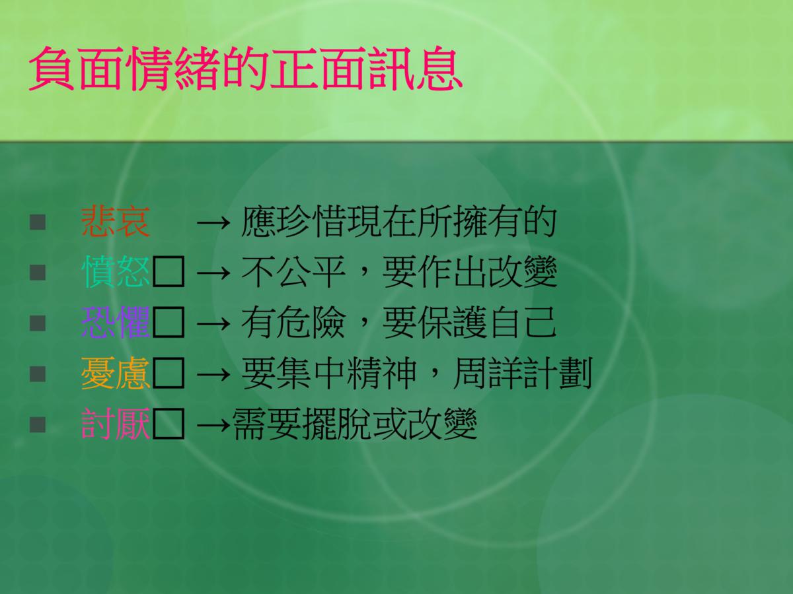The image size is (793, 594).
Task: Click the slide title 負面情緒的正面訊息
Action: (x=245, y=68)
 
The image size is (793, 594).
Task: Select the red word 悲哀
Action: (x=116, y=222)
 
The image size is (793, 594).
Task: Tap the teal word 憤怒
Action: (x=116, y=273)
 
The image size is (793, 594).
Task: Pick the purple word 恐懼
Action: (x=116, y=323)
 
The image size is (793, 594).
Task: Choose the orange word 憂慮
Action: (x=116, y=373)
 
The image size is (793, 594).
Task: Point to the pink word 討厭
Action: (x=116, y=424)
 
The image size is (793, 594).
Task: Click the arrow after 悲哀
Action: (x=213, y=223)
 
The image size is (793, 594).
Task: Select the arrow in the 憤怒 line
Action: (x=213, y=273)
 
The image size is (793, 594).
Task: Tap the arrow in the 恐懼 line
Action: (x=213, y=323)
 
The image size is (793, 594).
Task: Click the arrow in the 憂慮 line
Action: (x=213, y=374)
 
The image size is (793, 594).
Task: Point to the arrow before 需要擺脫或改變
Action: (x=213, y=424)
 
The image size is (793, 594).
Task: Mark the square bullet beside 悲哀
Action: (x=38, y=222)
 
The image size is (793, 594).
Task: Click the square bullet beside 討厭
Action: (x=38, y=424)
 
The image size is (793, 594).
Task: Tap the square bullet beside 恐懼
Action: (x=38, y=323)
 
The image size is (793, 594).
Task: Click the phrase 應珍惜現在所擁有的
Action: (x=398, y=222)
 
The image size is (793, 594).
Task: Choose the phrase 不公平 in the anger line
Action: (x=293, y=273)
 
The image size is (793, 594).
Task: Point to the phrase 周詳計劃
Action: (x=523, y=373)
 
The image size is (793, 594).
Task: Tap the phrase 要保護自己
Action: (x=469, y=323)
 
